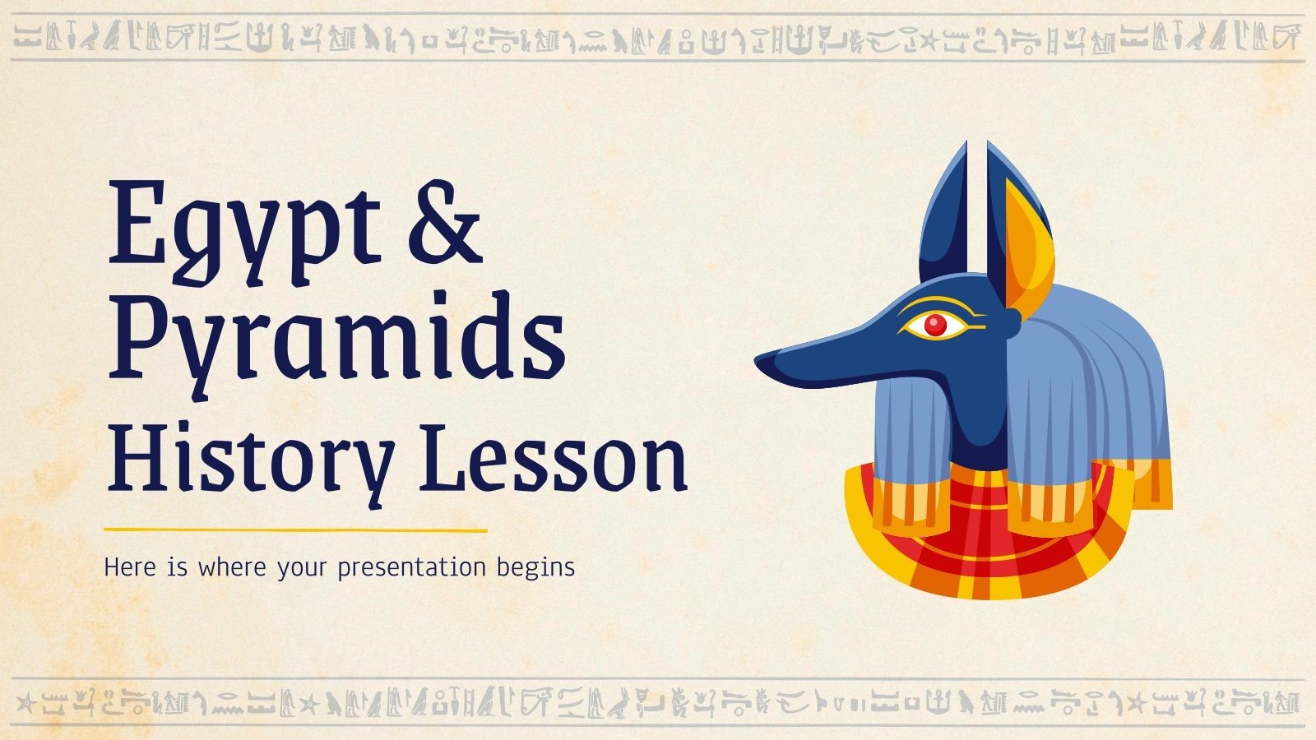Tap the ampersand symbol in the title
[444, 222]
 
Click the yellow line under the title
[296, 530]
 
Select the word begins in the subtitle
[535, 568]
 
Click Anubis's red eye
[935, 325]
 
